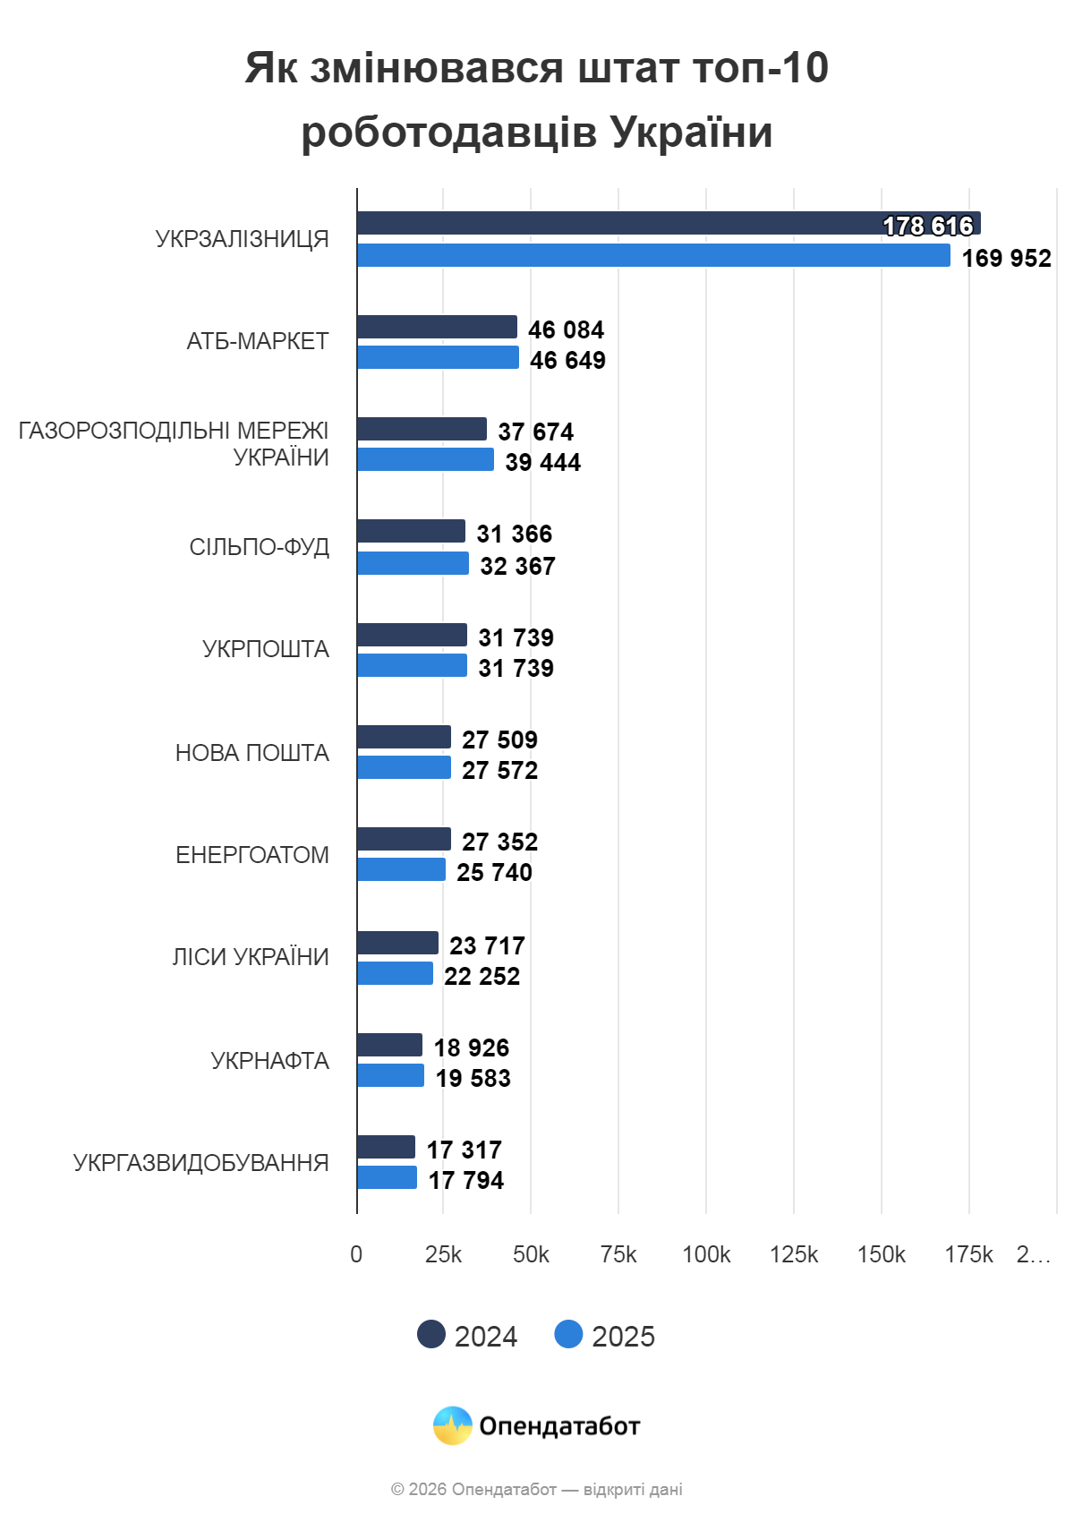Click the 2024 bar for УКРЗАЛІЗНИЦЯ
(626, 223)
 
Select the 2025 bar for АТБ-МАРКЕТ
(438, 358)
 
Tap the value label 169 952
(1006, 259)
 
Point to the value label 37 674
(535, 432)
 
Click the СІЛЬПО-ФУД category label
(259, 547)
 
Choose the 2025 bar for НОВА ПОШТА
(404, 768)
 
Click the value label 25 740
(494, 873)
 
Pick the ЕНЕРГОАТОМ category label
(251, 855)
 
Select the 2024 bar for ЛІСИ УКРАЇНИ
(397, 943)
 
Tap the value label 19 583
(473, 1079)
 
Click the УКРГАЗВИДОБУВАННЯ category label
(200, 1163)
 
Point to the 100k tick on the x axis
(705, 1255)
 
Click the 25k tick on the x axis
(443, 1255)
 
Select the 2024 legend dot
(431, 1334)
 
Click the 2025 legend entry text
(623, 1337)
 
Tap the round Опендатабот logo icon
(452, 1425)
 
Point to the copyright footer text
(536, 1490)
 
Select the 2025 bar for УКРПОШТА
(412, 666)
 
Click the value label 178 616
(927, 227)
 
